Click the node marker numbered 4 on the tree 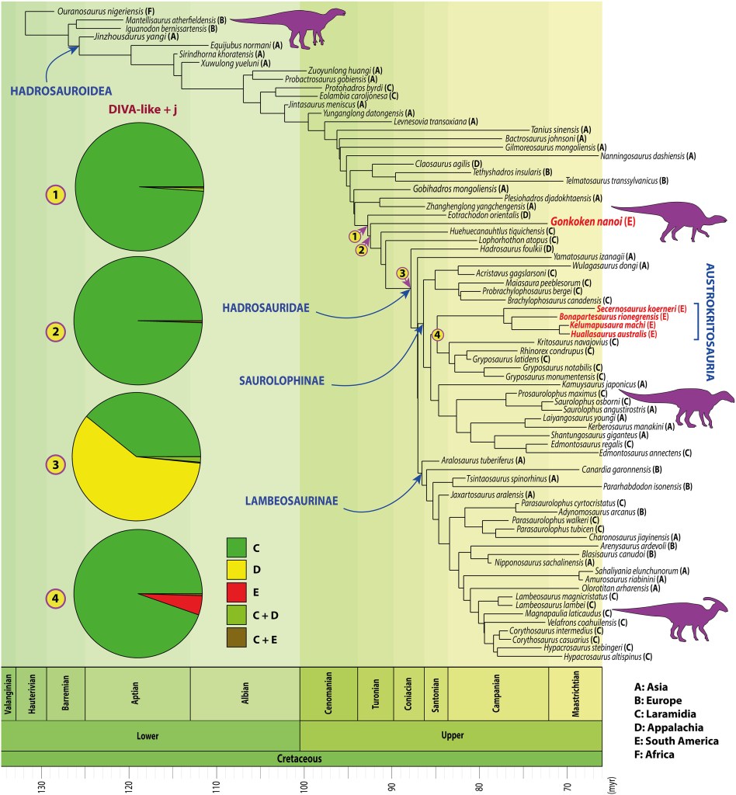coord(437,335)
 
